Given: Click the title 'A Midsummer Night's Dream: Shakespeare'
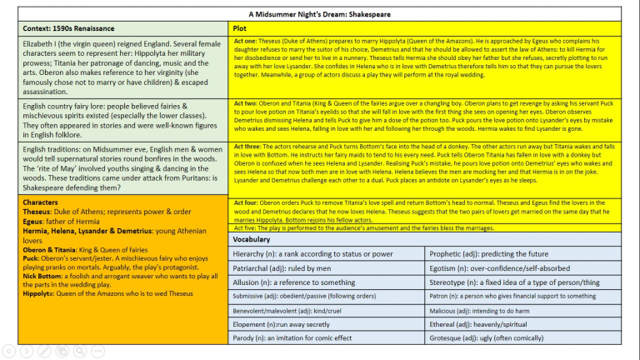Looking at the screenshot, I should click(x=320, y=14).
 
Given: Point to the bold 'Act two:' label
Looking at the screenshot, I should click(x=246, y=103).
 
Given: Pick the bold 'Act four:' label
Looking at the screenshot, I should click(x=247, y=202).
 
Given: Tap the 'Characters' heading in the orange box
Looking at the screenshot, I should click(x=42, y=202).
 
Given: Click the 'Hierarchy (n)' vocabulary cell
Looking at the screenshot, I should click(x=312, y=253).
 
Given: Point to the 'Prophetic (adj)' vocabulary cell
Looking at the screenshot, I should click(x=491, y=253).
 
